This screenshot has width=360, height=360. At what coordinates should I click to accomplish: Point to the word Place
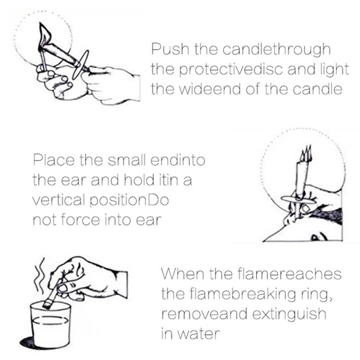point(54,160)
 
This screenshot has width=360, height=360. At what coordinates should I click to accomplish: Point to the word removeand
point(204,313)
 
